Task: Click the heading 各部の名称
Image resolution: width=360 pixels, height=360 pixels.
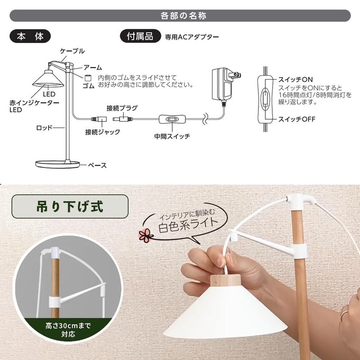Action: (x=180, y=15)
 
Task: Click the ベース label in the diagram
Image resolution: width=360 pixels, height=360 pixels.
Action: (x=97, y=166)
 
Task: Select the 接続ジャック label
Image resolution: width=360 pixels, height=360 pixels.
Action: (x=103, y=132)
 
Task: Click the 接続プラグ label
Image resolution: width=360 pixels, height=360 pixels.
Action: (x=122, y=108)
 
